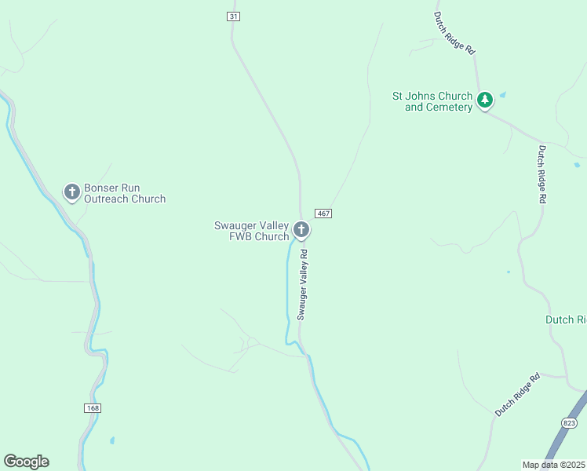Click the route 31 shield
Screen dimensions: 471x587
tap(232, 16)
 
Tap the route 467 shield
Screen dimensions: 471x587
tap(323, 214)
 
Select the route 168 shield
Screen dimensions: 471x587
tap(93, 407)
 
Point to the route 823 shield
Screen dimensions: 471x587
tap(570, 423)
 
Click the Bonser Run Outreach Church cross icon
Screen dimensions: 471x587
tap(72, 192)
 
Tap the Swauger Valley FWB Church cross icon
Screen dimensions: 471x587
tap(301, 230)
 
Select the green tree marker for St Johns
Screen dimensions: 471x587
tap(485, 100)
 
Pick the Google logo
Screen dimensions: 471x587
tap(26, 462)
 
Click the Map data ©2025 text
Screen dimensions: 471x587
tap(554, 464)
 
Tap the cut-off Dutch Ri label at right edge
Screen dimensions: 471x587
tap(566, 319)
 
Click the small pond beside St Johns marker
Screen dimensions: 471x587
tap(502, 95)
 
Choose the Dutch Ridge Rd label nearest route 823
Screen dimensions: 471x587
tap(518, 395)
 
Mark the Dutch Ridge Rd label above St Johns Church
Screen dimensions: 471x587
tap(456, 32)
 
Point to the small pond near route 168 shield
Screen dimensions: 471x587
tap(112, 440)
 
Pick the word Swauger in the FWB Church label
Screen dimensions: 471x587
tap(235, 225)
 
